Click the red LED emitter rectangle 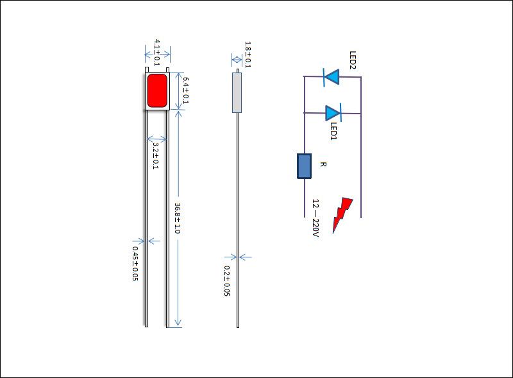pyautogui.click(x=157, y=90)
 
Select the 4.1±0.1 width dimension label pyautogui.click(x=157, y=53)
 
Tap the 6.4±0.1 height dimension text pyautogui.click(x=186, y=90)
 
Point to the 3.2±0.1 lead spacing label pyautogui.click(x=155, y=155)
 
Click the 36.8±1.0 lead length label pyautogui.click(x=178, y=218)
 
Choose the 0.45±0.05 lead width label pyautogui.click(x=135, y=263)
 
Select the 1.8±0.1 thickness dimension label pyautogui.click(x=248, y=55)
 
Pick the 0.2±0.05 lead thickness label pyautogui.click(x=227, y=280)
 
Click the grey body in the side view pyautogui.click(x=237, y=92)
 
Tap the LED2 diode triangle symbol pyautogui.click(x=331, y=77)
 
